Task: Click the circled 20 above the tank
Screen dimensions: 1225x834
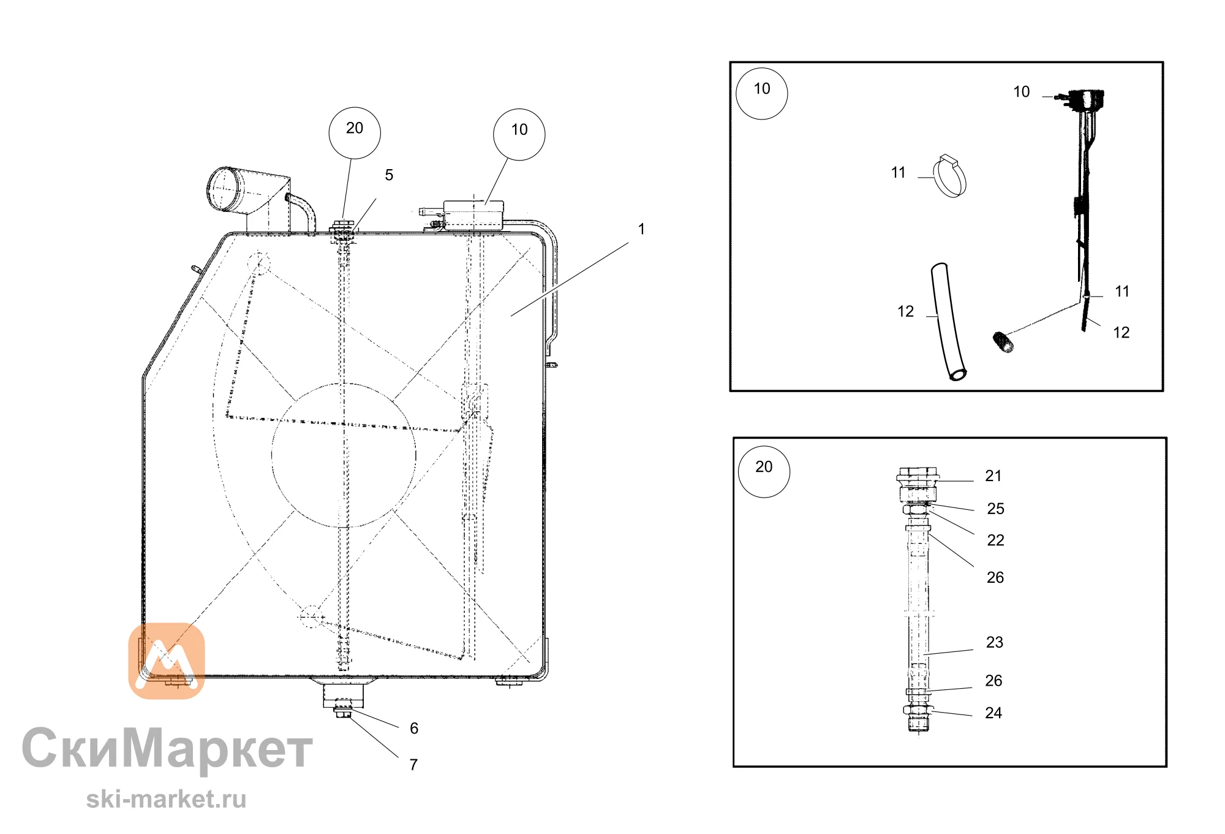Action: tap(355, 133)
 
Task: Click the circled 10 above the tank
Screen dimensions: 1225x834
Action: tap(519, 135)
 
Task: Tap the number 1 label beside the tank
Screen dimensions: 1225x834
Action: tap(641, 229)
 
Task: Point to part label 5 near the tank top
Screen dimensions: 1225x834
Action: tap(389, 175)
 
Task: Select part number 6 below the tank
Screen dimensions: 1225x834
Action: tap(414, 728)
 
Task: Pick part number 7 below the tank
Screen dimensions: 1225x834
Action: tap(414, 764)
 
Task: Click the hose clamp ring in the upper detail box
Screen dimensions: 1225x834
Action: tap(951, 175)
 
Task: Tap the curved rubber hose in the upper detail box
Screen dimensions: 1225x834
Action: tap(948, 322)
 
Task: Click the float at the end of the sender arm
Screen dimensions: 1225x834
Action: tap(1003, 342)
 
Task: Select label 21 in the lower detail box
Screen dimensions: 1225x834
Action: tap(993, 476)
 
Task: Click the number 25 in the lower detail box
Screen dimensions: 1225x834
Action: tap(996, 509)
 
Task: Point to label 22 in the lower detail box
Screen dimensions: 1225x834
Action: tap(996, 540)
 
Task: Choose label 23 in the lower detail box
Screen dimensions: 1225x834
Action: tap(995, 642)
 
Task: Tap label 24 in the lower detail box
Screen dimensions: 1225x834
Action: tap(993, 713)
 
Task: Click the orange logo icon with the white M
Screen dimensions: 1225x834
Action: tap(167, 661)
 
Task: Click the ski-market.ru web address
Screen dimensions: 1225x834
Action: tap(166, 799)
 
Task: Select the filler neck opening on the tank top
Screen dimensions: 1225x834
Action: tap(224, 189)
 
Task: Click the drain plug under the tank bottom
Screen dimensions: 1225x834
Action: tap(343, 712)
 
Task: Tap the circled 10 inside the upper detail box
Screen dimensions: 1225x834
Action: tap(762, 94)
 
